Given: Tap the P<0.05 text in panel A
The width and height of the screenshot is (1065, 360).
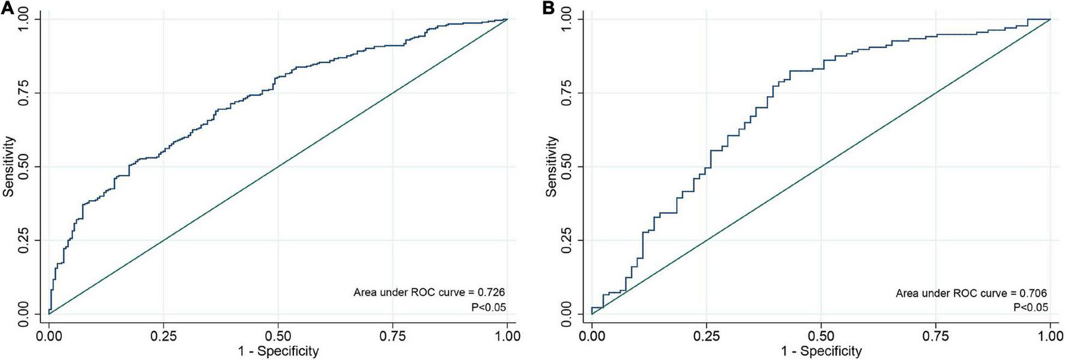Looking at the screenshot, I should point(488,307).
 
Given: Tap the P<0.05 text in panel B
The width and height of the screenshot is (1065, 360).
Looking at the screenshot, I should point(1031,308).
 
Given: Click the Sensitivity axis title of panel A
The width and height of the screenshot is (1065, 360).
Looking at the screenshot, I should point(8,166).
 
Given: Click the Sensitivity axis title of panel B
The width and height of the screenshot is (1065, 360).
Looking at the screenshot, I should point(552,166).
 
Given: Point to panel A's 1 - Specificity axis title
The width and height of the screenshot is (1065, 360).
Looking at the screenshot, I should point(278,350).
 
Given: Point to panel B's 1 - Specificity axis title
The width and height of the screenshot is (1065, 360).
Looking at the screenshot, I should point(821,350).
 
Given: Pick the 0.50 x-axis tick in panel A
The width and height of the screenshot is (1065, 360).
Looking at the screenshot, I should point(278,335).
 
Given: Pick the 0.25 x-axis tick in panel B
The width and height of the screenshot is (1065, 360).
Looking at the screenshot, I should point(706,335).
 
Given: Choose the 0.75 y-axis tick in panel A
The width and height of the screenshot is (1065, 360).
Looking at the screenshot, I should point(23,93).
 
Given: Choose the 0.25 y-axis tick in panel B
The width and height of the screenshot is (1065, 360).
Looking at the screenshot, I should point(566,240).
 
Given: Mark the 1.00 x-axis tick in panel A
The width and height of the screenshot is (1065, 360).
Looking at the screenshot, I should point(508,335).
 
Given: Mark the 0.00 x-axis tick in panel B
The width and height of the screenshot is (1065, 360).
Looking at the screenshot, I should point(591,335).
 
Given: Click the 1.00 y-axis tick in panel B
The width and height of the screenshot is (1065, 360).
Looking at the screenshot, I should point(566,19).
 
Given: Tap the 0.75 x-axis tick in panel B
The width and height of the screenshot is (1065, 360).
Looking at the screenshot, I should point(936,335).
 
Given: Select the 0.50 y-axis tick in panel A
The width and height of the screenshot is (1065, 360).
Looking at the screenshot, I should point(23,166).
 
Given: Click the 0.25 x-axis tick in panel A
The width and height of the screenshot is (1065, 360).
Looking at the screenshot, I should point(163,335).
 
